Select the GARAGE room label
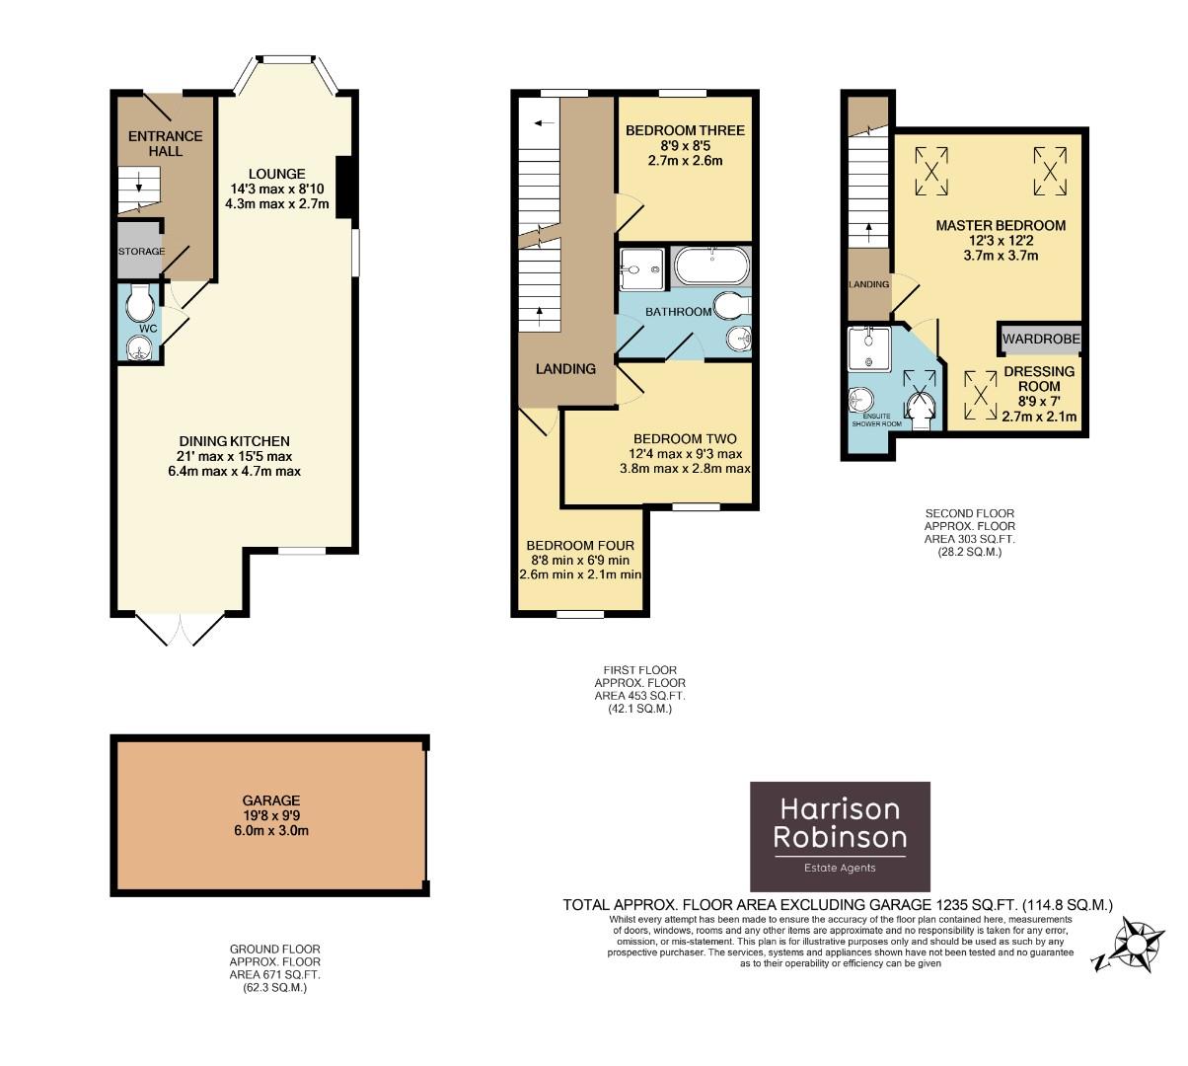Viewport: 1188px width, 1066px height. (x=271, y=800)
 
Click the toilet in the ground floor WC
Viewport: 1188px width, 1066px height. (x=141, y=299)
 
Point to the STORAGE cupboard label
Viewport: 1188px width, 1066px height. (x=141, y=252)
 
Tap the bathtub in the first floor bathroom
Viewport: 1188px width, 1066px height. (x=711, y=266)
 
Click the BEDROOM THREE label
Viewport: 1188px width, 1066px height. (x=685, y=130)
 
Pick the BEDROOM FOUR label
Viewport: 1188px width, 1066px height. (x=580, y=545)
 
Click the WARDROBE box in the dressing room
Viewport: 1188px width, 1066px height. (x=1041, y=340)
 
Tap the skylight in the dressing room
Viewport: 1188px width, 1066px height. (x=980, y=392)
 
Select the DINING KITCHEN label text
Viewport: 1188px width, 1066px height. (x=234, y=441)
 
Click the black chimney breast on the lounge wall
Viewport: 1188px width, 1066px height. (x=343, y=185)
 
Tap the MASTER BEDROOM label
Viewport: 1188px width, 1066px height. (x=1001, y=225)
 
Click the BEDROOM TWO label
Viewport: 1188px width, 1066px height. (x=685, y=438)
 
